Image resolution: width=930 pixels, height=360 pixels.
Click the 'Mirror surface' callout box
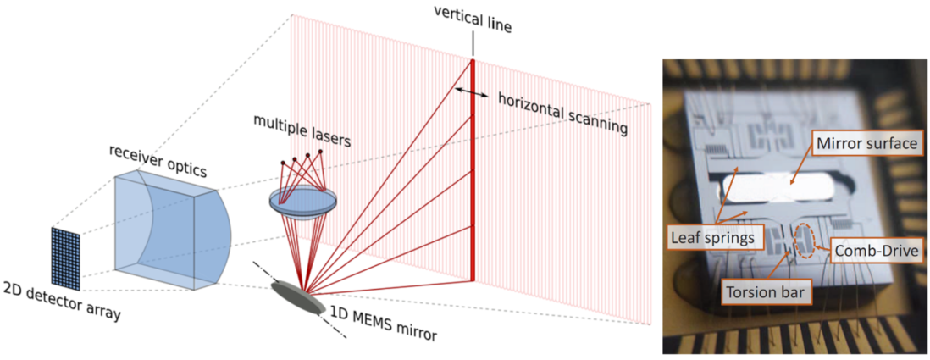[866, 144]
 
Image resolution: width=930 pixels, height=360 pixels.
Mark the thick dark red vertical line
[473, 169]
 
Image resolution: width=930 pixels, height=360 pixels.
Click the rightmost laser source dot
[321, 152]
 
